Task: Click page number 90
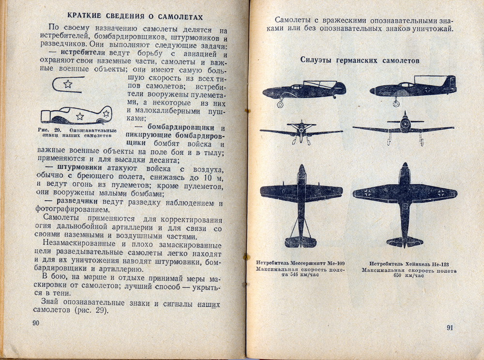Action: (36, 323)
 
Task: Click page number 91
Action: (450, 328)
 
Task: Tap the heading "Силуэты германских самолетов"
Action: (359, 60)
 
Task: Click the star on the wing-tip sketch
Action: (68, 84)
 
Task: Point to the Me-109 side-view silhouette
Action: (304, 90)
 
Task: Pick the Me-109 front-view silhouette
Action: (301, 131)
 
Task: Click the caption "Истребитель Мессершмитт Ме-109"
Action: (301, 263)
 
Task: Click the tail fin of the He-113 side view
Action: (450, 83)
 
